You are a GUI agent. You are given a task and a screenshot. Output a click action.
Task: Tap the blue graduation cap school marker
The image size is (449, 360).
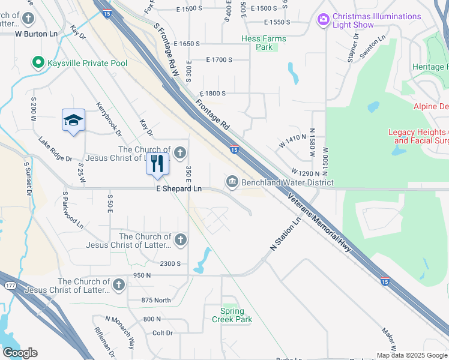coord(73,121)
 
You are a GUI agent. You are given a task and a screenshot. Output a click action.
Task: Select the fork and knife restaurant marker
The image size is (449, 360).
coord(157,163)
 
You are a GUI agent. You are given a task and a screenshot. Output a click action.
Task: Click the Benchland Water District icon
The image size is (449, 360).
coord(232,181)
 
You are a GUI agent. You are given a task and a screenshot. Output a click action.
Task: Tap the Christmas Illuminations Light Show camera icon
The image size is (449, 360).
coord(324,20)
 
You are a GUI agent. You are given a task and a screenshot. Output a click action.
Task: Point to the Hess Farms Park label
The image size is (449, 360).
coord(264,43)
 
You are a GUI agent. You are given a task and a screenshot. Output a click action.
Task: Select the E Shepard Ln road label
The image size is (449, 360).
coord(179,188)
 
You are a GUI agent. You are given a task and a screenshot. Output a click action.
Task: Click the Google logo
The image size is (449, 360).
coord(20,353)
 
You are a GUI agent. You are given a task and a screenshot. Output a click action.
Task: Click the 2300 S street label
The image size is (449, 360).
coord(170,263)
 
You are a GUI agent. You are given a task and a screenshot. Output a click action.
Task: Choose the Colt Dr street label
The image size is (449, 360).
coord(163,332)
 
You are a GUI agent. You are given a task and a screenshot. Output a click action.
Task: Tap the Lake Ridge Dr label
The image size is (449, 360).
coord(55,150)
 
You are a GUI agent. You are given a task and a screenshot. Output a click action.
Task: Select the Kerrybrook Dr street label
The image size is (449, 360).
coord(109,118)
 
